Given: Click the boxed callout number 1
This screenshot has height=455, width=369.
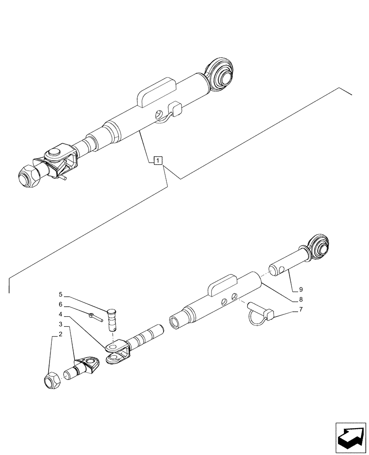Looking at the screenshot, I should pyautogui.click(x=157, y=160).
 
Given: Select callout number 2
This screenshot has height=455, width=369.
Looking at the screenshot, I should pyautogui.click(x=60, y=334).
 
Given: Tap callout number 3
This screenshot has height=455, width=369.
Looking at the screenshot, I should pyautogui.click(x=60, y=324).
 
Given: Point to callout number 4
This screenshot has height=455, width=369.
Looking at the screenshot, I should pyautogui.click(x=60, y=314).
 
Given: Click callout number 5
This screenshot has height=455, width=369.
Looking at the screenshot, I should pyautogui.click(x=60, y=294).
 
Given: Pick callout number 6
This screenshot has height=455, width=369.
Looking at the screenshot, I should pyautogui.click(x=60, y=304).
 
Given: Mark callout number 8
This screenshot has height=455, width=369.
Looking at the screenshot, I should pyautogui.click(x=300, y=300).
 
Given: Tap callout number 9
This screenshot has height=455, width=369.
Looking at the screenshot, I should pyautogui.click(x=300, y=289).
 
